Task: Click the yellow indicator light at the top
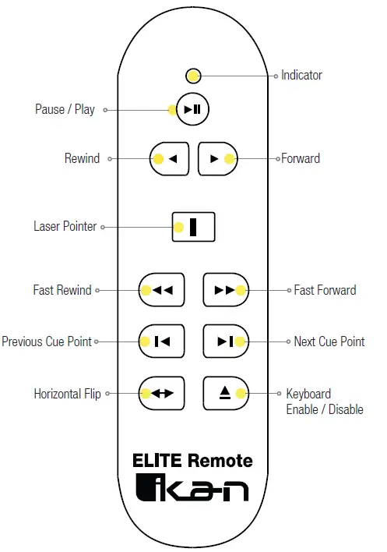point(194,76)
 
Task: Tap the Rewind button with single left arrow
point(169,158)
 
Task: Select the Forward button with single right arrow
point(217,158)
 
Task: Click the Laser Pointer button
point(193,227)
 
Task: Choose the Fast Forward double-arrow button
point(225,290)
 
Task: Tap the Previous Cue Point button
point(161,341)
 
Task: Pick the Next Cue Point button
point(225,341)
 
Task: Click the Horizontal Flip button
point(161,393)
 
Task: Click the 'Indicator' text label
point(301,76)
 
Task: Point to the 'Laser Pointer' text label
point(65,227)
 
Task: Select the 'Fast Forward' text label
point(325,290)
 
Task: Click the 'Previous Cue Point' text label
point(47,341)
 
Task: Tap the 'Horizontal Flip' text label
point(68,394)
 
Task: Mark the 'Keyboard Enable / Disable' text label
point(324,402)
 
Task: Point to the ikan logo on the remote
point(192,488)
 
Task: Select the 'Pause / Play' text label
point(65,109)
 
